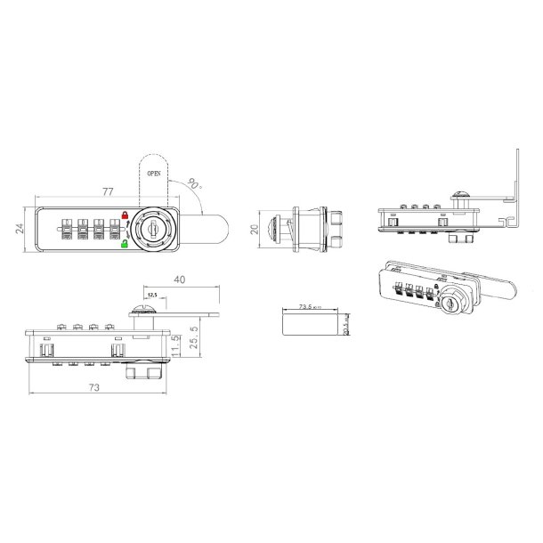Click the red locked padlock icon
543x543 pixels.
pos(126,215)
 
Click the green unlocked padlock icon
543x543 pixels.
pos(126,244)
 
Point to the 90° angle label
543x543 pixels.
pos(195,185)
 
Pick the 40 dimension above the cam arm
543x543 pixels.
pos(179,280)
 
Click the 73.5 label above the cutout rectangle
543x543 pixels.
pos(310,305)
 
